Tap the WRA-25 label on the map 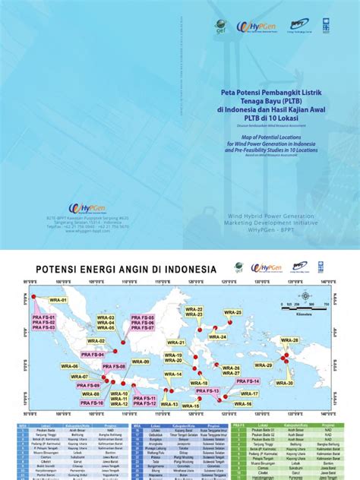233,313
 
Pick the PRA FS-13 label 206,390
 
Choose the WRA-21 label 177,343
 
